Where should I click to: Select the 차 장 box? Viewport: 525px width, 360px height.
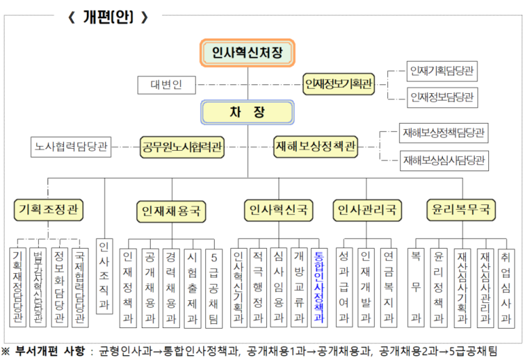[x=247, y=112]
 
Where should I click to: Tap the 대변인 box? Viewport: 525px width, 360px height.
[x=166, y=85]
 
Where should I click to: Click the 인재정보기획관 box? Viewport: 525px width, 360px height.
[x=339, y=84]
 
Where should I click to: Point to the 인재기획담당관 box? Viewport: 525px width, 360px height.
[x=442, y=71]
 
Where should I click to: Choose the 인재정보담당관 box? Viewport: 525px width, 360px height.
[x=442, y=97]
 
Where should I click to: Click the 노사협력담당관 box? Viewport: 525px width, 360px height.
[x=71, y=147]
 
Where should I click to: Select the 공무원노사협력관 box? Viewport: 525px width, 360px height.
[x=183, y=147]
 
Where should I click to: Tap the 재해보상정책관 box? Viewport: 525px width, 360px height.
[x=316, y=147]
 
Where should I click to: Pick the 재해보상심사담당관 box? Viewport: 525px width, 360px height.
[x=443, y=160]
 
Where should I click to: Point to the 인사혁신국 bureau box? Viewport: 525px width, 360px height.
[x=278, y=209]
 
